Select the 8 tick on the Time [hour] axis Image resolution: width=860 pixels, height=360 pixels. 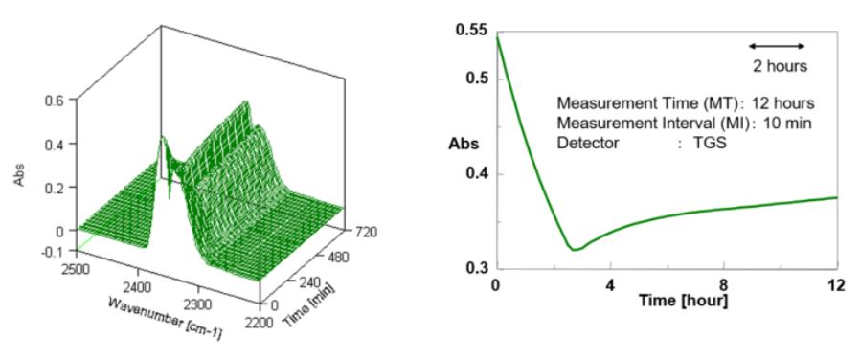(723, 285)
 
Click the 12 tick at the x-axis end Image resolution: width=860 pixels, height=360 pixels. (835, 285)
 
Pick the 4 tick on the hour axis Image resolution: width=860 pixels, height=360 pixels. (609, 285)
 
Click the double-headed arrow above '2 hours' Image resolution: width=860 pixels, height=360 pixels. (777, 46)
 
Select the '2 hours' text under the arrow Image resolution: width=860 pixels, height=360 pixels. (779, 66)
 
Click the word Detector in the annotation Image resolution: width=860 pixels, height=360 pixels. (588, 143)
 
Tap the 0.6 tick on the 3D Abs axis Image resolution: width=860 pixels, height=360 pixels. (55, 99)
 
